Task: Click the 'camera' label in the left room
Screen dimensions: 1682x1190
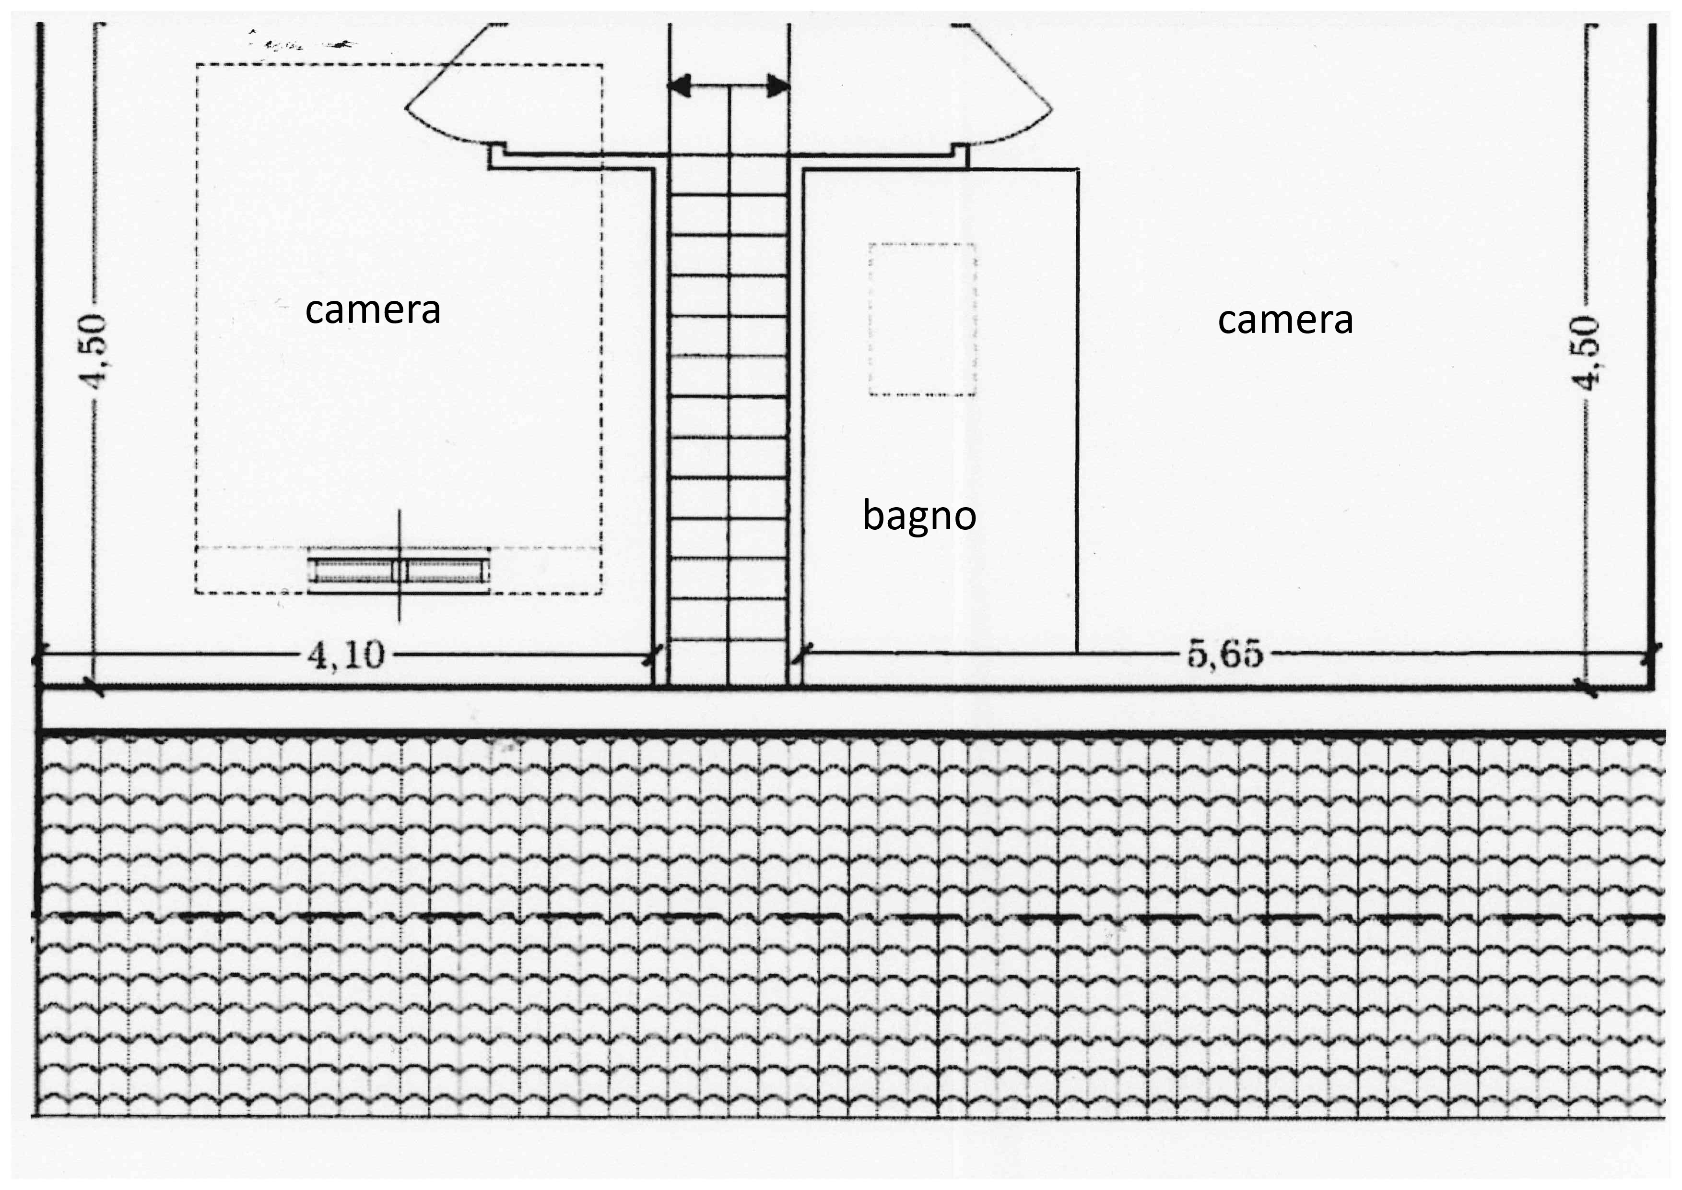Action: click(373, 310)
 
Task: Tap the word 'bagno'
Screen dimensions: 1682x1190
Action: click(919, 516)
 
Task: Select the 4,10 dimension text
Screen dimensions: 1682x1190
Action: click(346, 654)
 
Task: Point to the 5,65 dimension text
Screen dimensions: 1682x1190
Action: click(1225, 654)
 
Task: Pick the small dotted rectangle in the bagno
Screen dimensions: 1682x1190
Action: click(922, 320)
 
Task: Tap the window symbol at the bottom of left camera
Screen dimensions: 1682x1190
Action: click(399, 571)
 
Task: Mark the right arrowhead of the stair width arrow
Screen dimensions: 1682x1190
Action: click(778, 86)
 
